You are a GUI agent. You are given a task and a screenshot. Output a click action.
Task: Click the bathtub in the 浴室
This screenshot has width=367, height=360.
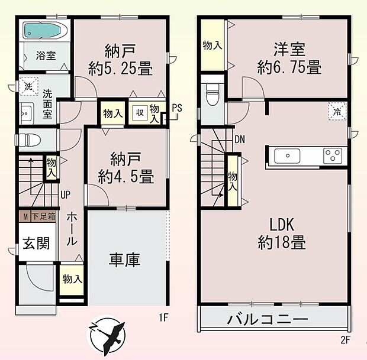coord(43,30)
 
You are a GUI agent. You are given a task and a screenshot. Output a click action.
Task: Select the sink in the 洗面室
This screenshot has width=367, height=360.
coord(26,113)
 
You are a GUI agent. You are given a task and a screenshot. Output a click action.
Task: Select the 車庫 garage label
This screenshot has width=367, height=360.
coord(124,260)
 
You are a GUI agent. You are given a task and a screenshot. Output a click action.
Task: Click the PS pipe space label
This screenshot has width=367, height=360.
coord(176,108)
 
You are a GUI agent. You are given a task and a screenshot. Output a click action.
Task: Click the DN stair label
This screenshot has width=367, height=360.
coord(239,140)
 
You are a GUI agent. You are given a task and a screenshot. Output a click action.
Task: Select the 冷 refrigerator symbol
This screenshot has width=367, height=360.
coord(337,110)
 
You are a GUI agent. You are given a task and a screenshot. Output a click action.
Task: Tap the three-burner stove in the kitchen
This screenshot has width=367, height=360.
coord(333,156)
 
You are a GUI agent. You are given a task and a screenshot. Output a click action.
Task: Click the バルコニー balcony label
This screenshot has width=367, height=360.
coord(268,320)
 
